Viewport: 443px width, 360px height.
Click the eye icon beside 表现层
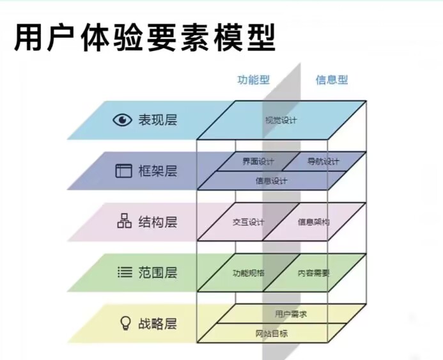121,120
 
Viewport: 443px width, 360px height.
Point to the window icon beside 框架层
122,171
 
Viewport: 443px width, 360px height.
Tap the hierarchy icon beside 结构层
123,221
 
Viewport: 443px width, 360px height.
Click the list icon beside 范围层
123,272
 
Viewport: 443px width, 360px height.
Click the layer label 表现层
157,120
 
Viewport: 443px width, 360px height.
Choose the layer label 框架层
157,171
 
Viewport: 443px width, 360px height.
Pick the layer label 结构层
157,222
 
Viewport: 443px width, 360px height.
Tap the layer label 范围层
157,272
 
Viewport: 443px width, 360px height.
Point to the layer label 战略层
157,324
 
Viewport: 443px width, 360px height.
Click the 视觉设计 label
281,120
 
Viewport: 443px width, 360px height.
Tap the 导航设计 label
323,161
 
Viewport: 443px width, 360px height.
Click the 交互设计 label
248,222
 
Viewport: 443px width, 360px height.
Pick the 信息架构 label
313,222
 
